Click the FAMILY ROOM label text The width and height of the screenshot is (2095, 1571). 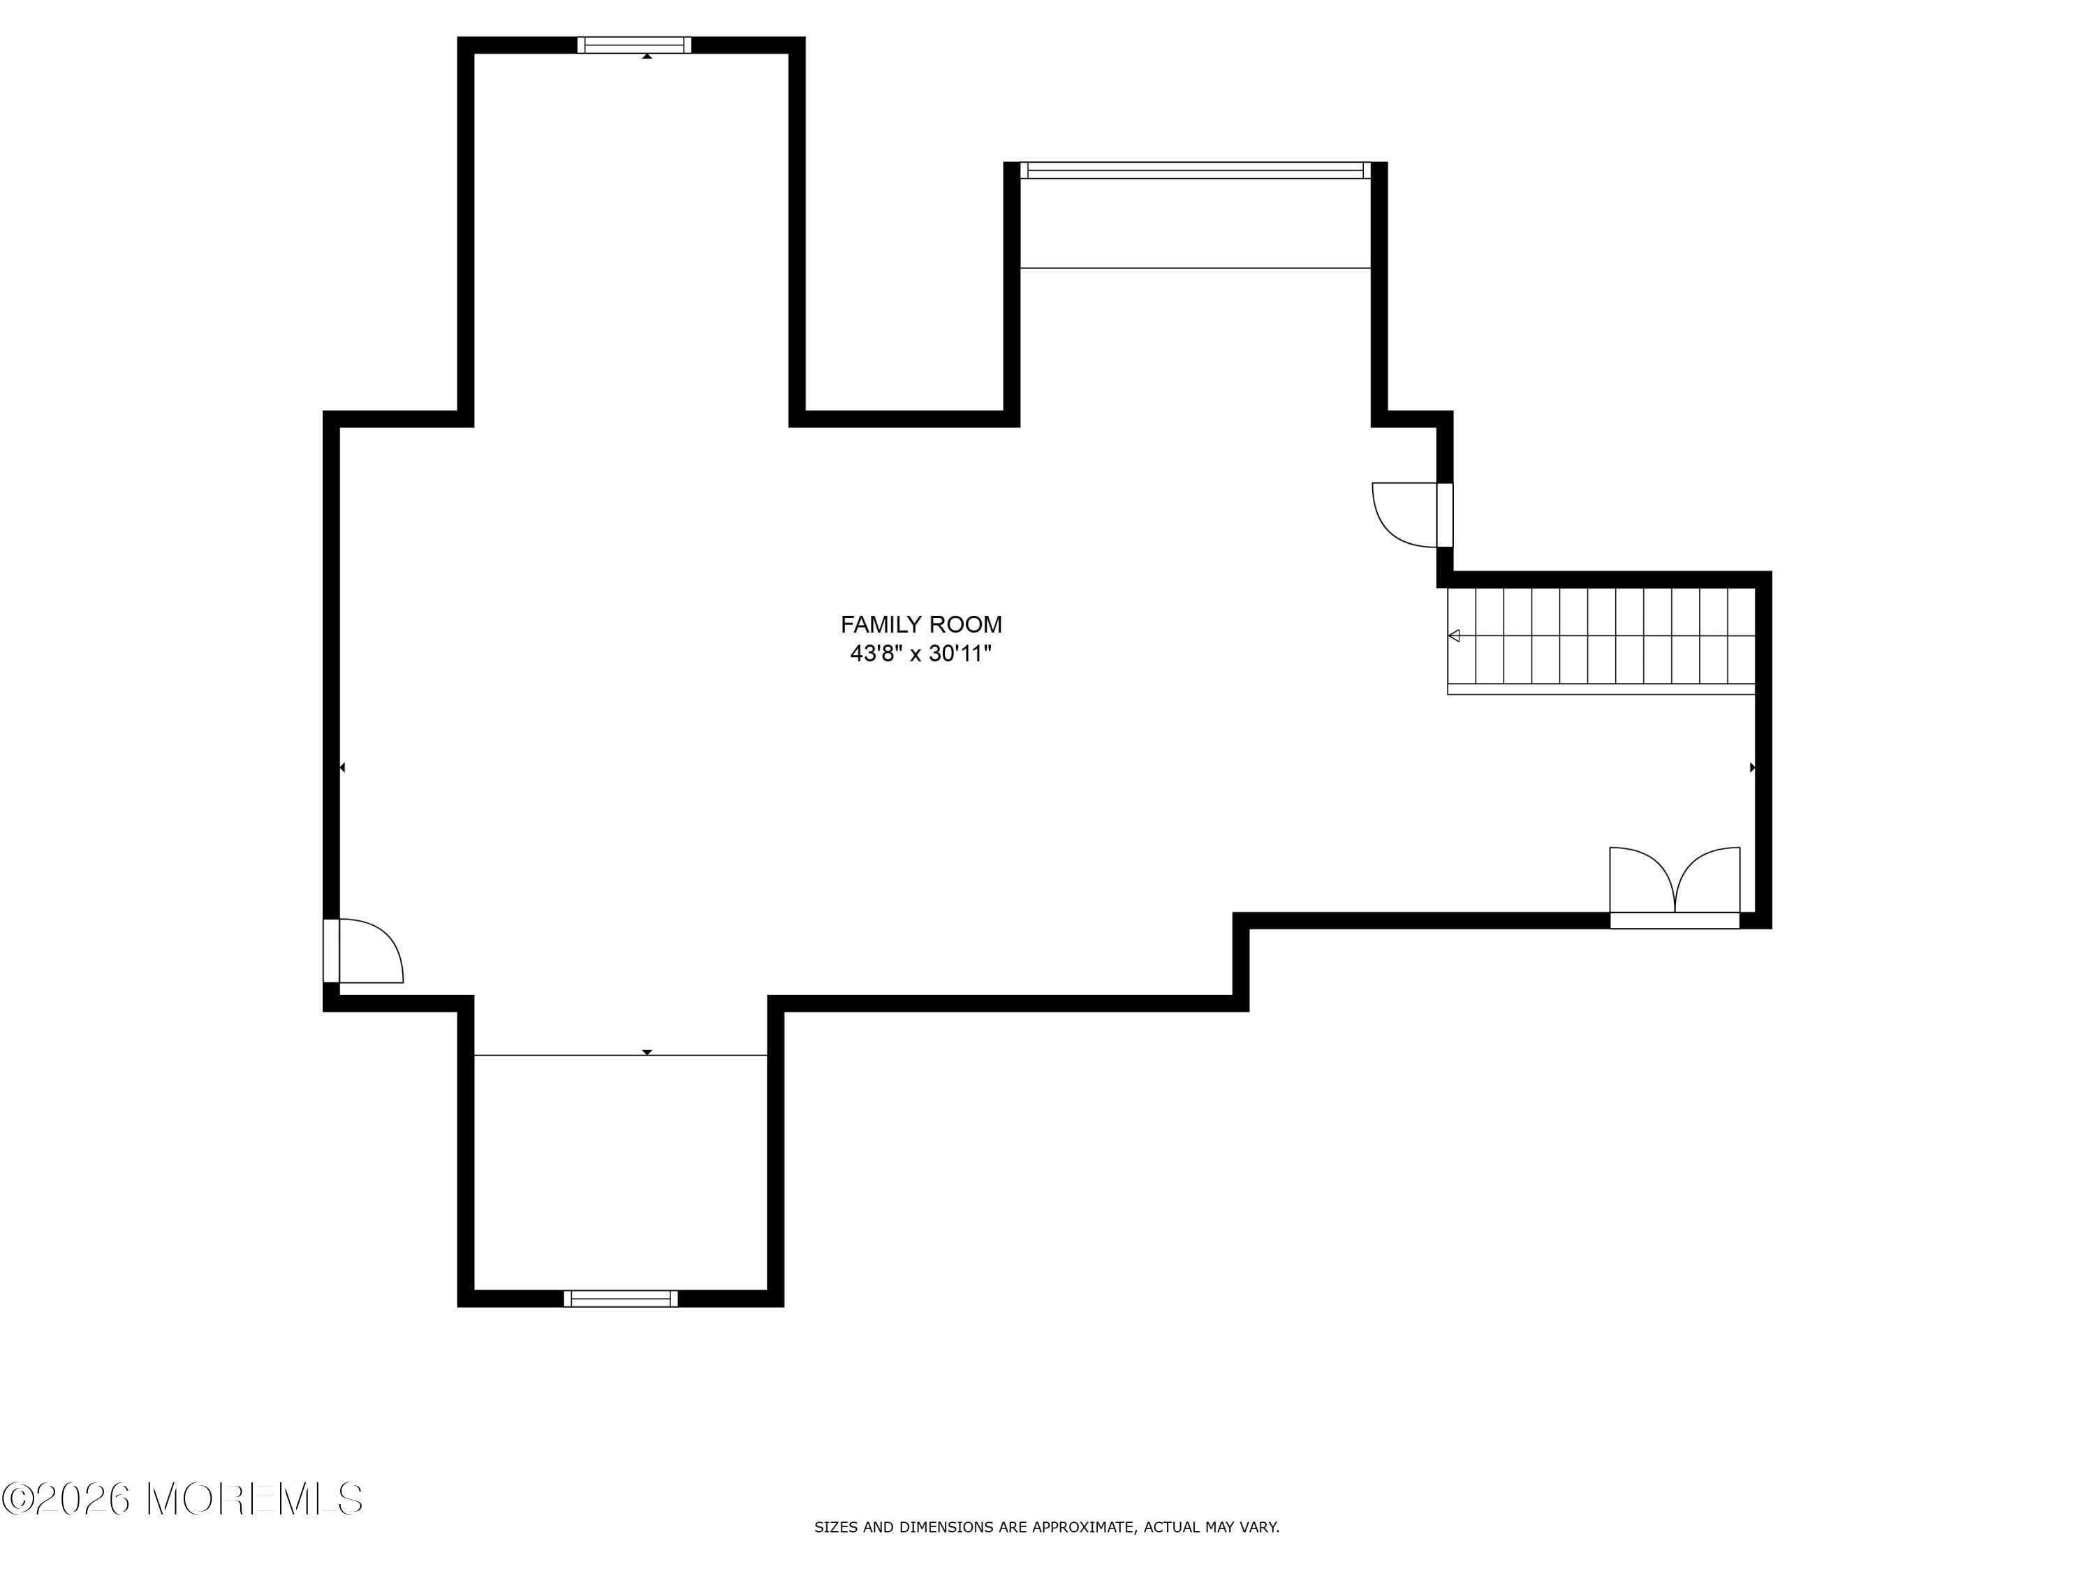pos(920,625)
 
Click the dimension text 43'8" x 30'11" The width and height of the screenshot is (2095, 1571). pos(920,654)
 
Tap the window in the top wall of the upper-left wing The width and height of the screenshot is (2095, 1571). pos(633,45)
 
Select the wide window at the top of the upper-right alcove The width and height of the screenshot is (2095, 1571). pos(1196,170)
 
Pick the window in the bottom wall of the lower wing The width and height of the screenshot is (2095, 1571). pos(620,1298)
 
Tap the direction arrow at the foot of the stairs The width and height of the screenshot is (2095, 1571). pos(1454,635)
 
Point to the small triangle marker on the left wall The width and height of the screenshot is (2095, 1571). pos(342,767)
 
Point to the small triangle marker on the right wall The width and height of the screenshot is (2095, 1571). pos(1752,767)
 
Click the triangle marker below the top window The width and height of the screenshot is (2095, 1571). pos(647,57)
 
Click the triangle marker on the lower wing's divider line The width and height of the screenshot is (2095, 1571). pos(647,1052)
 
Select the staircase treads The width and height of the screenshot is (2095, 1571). pos(1601,636)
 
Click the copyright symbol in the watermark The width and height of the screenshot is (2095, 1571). pos(18,1499)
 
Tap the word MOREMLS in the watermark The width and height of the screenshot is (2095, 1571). pos(256,1499)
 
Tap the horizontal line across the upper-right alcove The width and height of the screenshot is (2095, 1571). pos(1196,268)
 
